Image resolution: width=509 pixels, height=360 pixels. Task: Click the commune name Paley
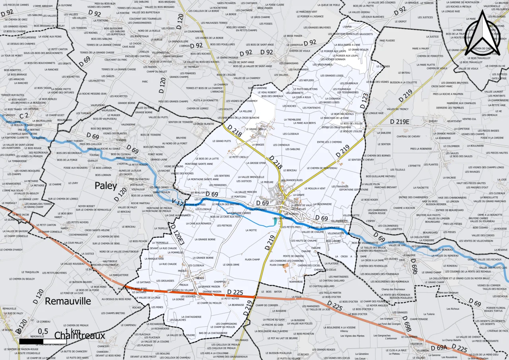tap(105, 186)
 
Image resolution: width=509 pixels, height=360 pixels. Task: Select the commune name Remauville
tap(68, 301)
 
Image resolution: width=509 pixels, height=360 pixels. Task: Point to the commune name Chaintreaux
tap(80, 335)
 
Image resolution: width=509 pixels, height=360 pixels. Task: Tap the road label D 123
tap(363, 101)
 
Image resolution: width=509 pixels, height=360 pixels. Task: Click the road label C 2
tap(24, 115)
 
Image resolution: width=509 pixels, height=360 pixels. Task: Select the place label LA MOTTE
tap(251, 230)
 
